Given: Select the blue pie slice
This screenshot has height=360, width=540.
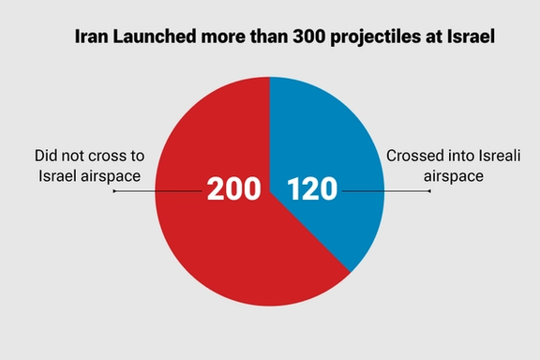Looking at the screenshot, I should [328, 141].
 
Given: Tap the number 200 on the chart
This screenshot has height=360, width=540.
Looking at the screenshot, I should [233, 189].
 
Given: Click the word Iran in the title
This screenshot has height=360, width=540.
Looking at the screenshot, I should [92, 38].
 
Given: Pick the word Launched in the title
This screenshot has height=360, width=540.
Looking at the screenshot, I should [153, 38].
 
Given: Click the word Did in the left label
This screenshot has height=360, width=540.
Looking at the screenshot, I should [47, 156].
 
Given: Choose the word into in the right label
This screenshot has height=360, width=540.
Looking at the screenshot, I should [454, 156].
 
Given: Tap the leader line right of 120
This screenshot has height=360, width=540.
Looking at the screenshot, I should [384, 190].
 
